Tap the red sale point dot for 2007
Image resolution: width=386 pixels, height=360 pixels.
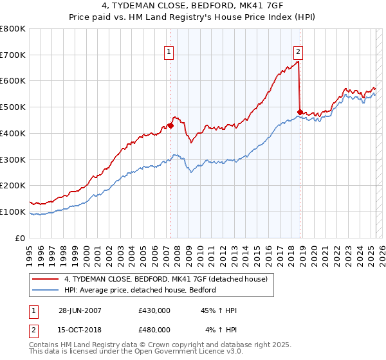point(170,125)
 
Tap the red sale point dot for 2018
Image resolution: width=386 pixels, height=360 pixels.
point(300,113)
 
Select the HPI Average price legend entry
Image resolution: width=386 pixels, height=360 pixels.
point(140,290)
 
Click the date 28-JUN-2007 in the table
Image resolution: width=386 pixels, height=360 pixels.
point(80,310)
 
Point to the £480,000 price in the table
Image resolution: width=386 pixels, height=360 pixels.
point(154,329)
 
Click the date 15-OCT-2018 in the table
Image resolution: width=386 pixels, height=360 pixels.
point(80,329)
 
